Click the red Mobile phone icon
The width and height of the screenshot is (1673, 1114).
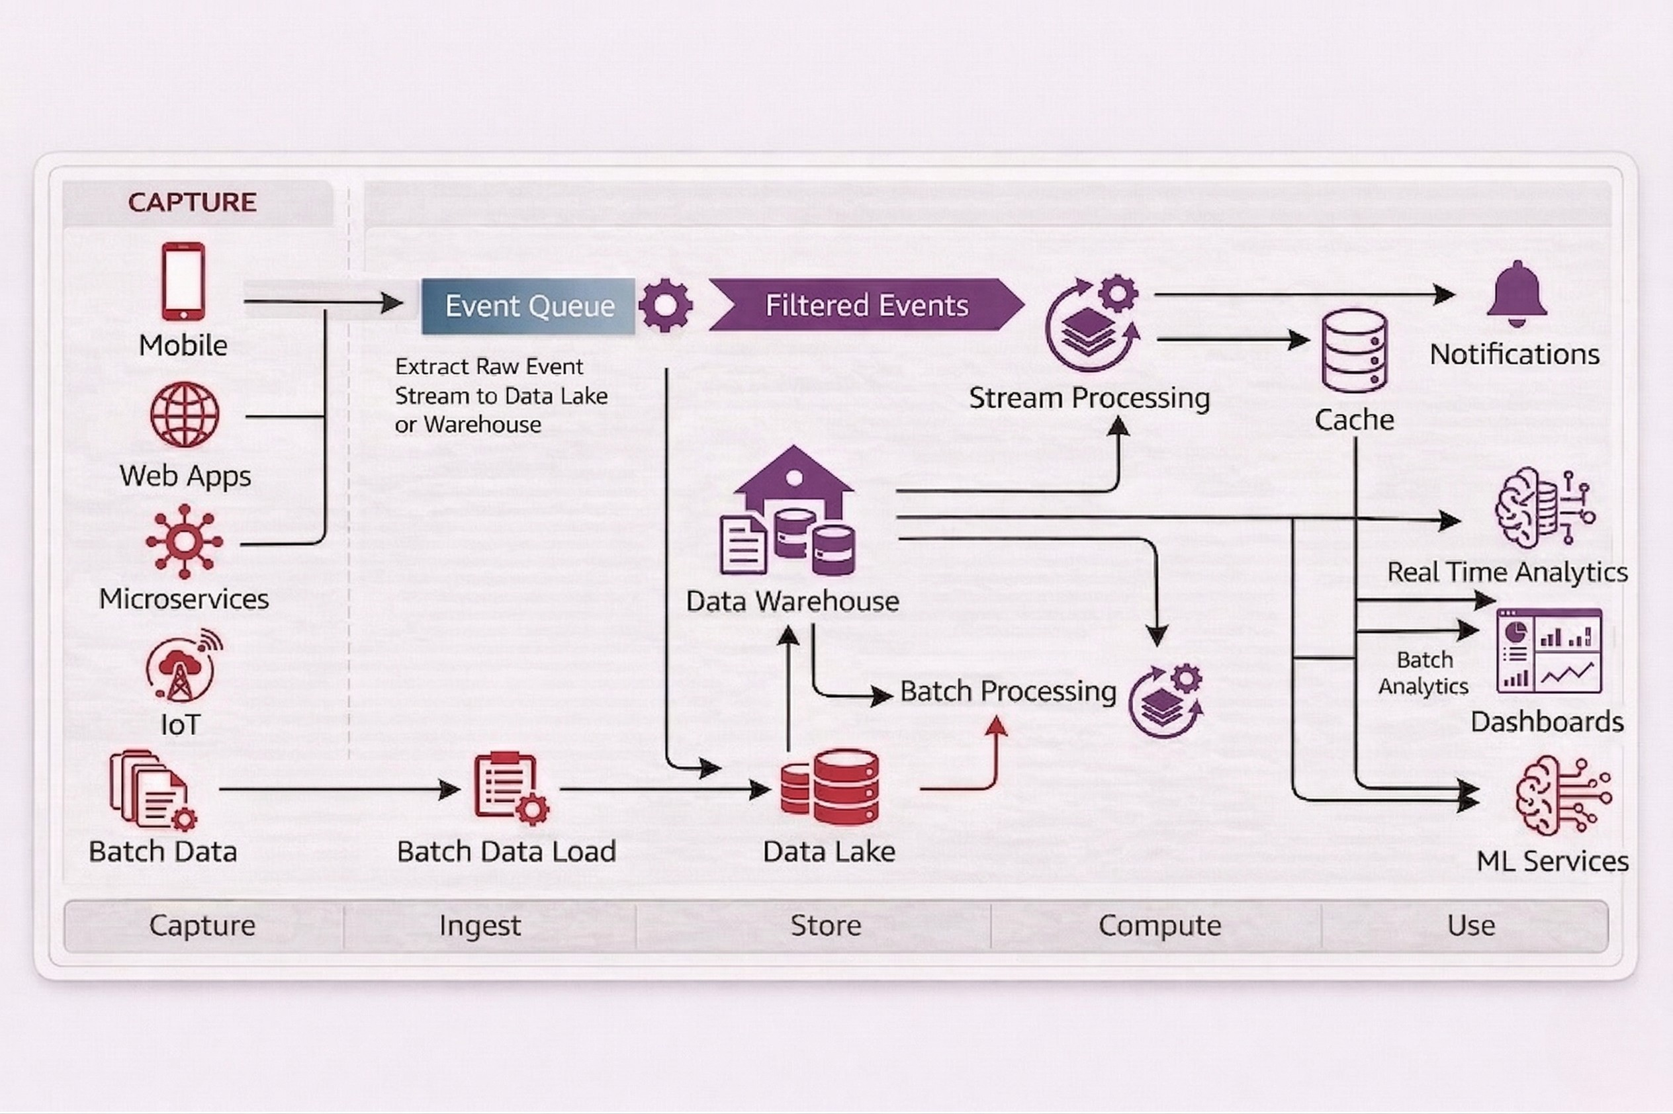coord(183,281)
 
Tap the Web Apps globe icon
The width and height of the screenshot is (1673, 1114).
coord(185,414)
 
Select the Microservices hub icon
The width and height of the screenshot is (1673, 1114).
coord(184,541)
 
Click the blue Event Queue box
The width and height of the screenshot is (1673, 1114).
coord(528,306)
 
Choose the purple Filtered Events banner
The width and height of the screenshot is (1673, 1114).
coord(866,306)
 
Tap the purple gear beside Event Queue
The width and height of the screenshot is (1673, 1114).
coord(665,306)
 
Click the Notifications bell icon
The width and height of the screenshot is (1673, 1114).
coord(1516,294)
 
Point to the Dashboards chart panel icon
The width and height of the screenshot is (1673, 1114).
coord(1549,652)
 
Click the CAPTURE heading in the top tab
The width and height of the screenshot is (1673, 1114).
coord(192,202)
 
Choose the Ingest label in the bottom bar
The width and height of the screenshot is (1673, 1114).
coord(480,925)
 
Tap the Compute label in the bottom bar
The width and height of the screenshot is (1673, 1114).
coord(1159,925)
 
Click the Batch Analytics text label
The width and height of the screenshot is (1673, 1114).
coord(1424,673)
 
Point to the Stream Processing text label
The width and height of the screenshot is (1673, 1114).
coord(1089,398)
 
